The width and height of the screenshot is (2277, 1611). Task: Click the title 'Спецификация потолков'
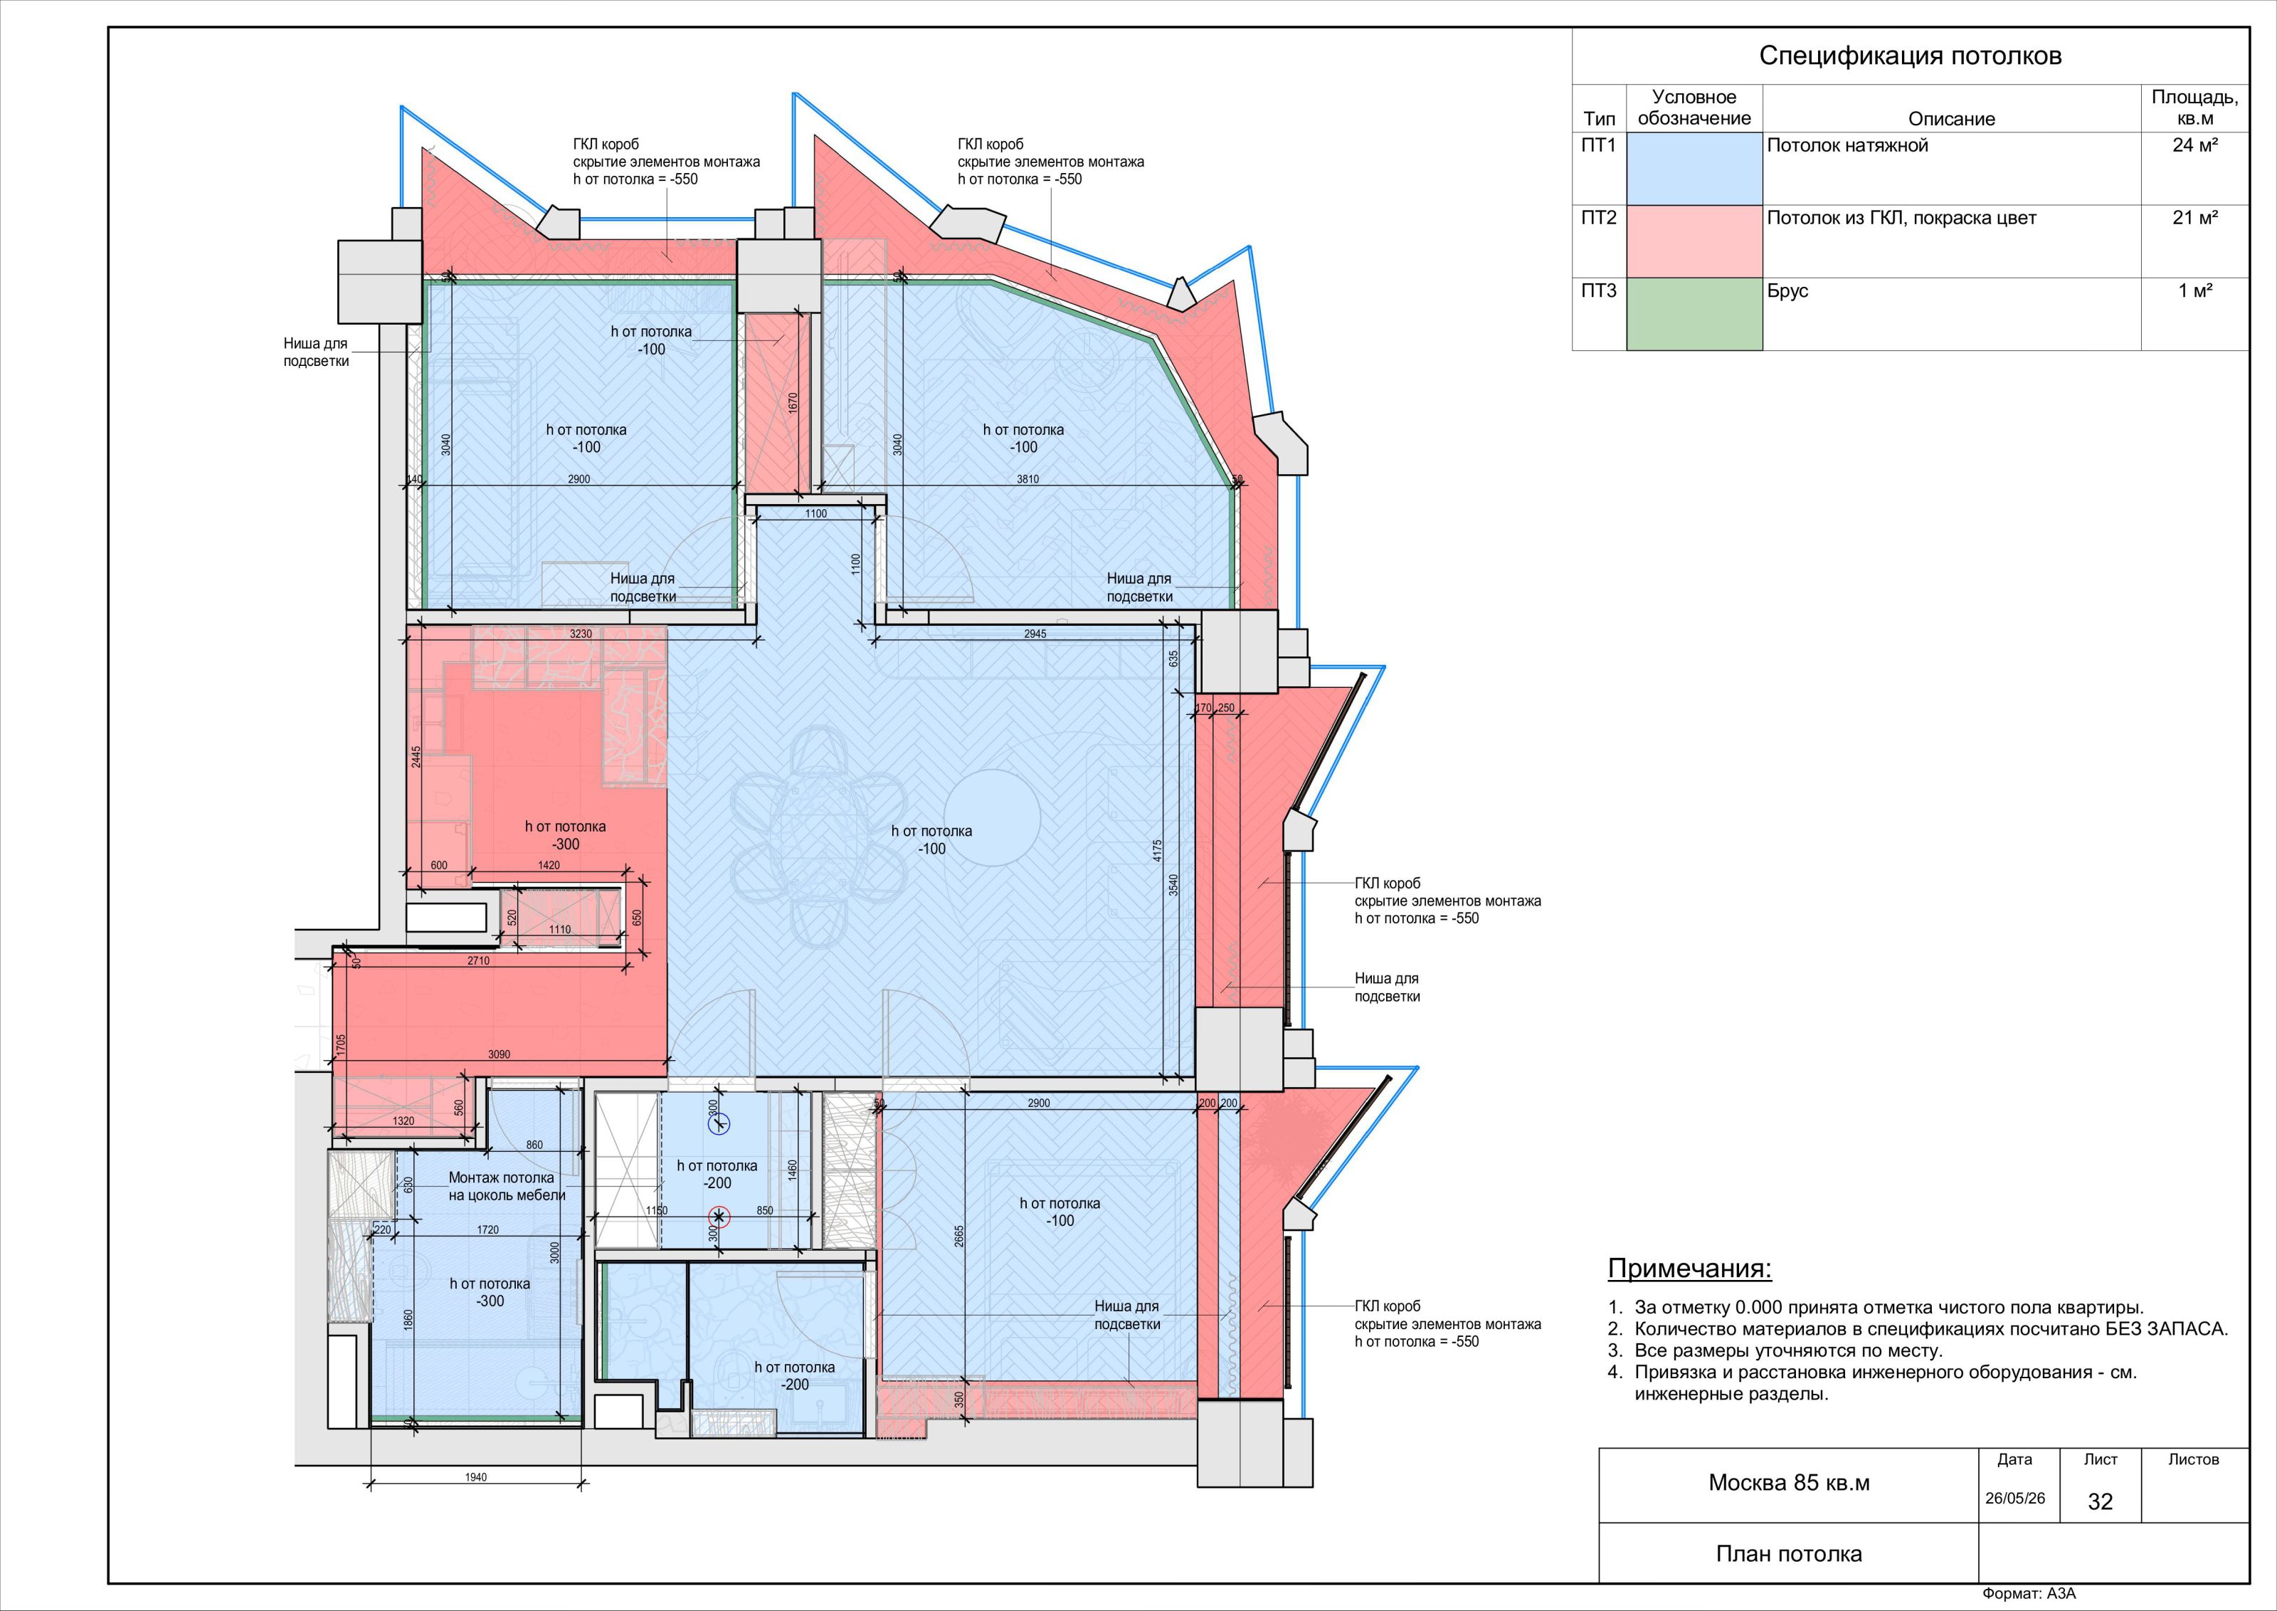[1910, 56]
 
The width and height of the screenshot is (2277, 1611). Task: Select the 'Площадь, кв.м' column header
[2194, 107]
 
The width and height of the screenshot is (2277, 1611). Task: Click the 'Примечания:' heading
[1689, 1269]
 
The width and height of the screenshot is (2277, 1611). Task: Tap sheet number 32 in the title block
[2100, 1502]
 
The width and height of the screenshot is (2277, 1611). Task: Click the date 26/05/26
[2014, 1498]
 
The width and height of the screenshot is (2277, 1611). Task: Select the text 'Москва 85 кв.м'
[1788, 1483]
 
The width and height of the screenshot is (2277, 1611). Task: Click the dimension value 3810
[1027, 479]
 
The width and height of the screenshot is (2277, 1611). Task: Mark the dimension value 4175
[1158, 850]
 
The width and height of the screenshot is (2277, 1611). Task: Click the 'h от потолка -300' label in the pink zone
[565, 835]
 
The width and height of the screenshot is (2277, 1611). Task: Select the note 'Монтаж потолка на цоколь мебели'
[507, 1187]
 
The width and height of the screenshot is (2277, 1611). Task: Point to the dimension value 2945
[1035, 634]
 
